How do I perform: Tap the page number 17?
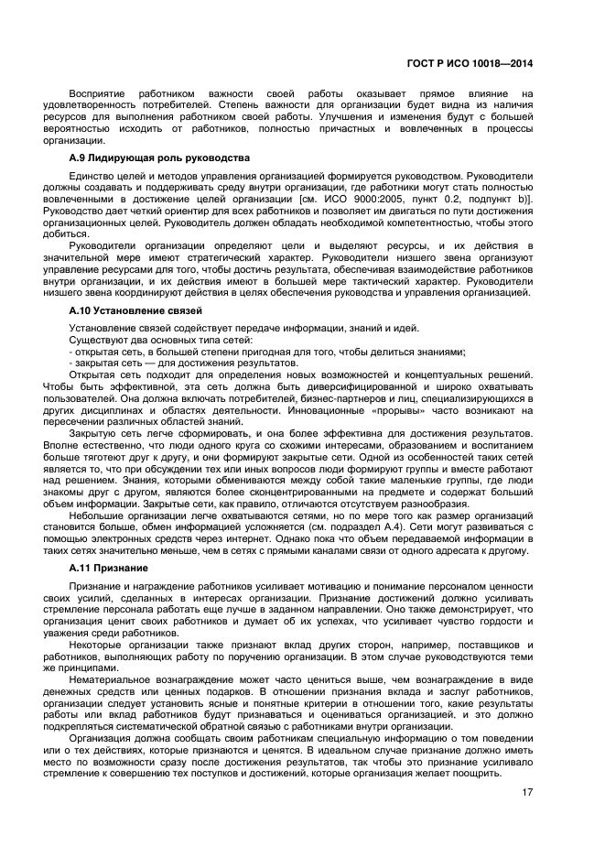[x=527, y=793]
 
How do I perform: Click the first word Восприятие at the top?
[x=103, y=93]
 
